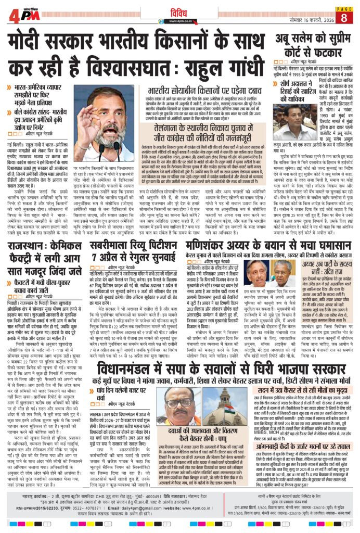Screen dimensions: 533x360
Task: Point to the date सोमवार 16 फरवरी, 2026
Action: (x=301, y=19)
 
